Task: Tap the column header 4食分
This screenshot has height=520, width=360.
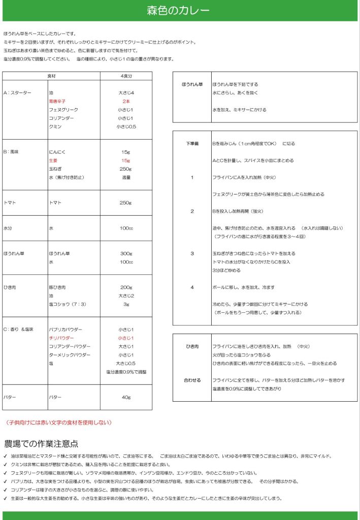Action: pos(126,76)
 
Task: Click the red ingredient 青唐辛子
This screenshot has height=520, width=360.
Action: pos(57,102)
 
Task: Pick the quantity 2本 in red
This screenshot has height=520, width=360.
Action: pos(126,102)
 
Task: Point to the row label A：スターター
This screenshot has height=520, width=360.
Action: pos(17,93)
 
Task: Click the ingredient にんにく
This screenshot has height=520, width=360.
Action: pos(57,152)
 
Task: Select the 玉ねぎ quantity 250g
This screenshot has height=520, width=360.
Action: pos(126,169)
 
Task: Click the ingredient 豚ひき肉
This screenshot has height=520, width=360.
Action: pos(57,287)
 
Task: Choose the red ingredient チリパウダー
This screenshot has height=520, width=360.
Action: pos(61,338)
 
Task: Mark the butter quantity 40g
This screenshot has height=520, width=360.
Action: pos(126,397)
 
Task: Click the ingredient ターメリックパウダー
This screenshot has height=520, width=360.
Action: pos(70,354)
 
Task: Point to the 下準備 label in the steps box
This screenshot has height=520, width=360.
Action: pos(192,144)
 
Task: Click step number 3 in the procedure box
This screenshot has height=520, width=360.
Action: pos(192,253)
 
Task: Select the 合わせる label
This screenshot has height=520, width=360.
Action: pos(192,380)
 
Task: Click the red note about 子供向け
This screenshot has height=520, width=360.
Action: pos(58,422)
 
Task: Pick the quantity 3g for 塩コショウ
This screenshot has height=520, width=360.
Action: pos(126,304)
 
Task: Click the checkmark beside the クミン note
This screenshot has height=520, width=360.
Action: pos(6,465)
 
